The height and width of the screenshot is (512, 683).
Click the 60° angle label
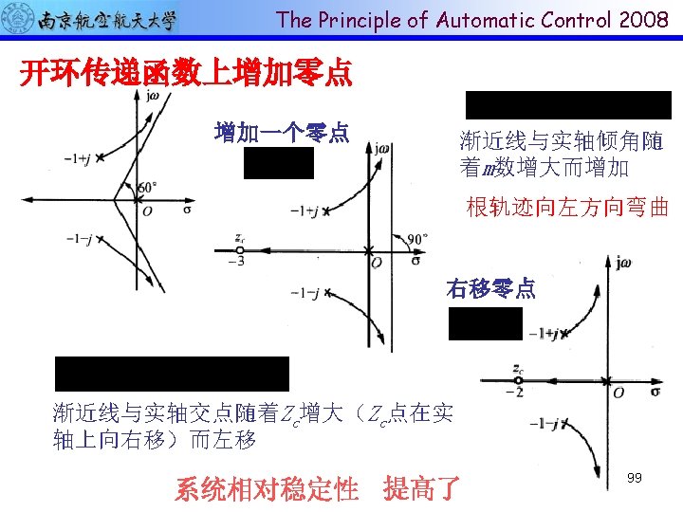coord(147,188)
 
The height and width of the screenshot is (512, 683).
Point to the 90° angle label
coord(418,239)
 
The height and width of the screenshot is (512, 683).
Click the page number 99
coord(635,478)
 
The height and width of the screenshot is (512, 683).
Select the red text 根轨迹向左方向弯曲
coord(567,208)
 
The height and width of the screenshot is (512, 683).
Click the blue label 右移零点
coord(490,289)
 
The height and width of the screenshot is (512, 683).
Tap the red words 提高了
coord(422,489)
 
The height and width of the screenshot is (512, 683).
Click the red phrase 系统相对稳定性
coord(267,489)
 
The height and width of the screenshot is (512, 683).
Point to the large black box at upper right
coord(567,104)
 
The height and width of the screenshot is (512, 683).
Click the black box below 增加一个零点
coord(278,163)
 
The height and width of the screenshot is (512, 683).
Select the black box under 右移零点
coord(486,323)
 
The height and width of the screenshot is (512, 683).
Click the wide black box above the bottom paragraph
coord(172,374)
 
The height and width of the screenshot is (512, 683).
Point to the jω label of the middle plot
coord(382,147)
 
